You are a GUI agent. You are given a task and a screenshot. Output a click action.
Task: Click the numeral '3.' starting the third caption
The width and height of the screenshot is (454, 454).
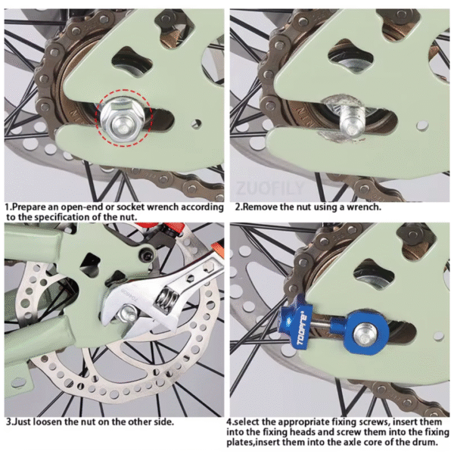(x=8, y=421)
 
